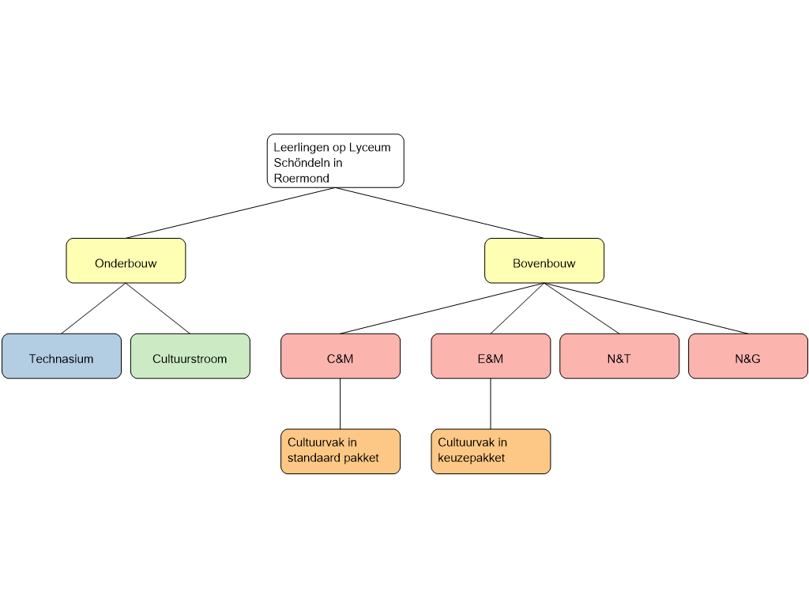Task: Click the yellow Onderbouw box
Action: pyautogui.click(x=126, y=261)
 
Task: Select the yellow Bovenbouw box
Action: pyautogui.click(x=544, y=261)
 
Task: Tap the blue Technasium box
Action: pyautogui.click(x=62, y=356)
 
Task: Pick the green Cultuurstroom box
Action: pyautogui.click(x=190, y=356)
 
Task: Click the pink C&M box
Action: pyautogui.click(x=341, y=356)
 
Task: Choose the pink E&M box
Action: pyautogui.click(x=491, y=356)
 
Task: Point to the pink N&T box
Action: pyautogui.click(x=619, y=356)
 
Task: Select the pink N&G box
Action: pyautogui.click(x=748, y=356)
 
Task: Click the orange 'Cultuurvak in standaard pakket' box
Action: pyautogui.click(x=341, y=451)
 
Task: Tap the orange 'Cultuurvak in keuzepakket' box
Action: pyautogui.click(x=491, y=451)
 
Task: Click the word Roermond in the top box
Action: pyautogui.click(x=301, y=178)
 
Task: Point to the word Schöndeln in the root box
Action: pyautogui.click(x=302, y=163)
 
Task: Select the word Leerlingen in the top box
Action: pyautogui.click(x=301, y=148)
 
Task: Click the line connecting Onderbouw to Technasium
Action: pyautogui.click(x=93, y=308)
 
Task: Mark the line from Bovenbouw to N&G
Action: pyautogui.click(x=646, y=308)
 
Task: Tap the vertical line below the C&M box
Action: pyautogui.click(x=340, y=404)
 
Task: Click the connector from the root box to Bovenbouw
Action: pyautogui.click(x=439, y=213)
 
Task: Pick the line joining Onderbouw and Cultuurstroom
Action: pyautogui.click(x=158, y=308)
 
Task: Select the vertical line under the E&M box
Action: pyautogui.click(x=491, y=404)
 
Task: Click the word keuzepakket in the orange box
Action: pyautogui.click(x=471, y=458)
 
